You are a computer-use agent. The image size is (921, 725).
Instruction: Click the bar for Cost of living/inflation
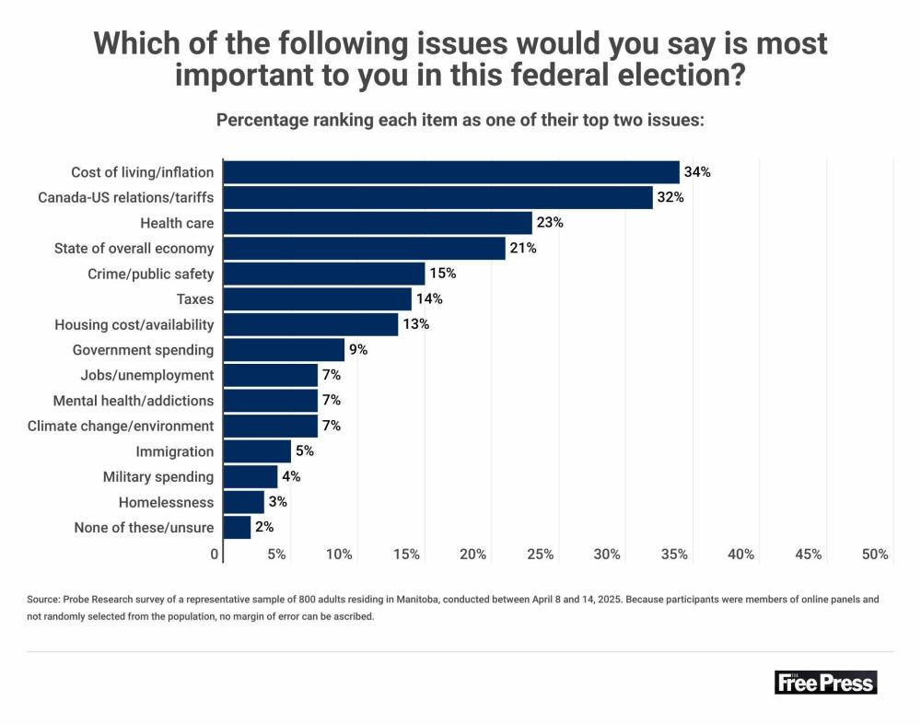tap(451, 172)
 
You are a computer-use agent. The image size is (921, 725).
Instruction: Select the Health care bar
tap(378, 223)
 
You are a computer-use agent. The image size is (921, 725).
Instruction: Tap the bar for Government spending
tap(284, 350)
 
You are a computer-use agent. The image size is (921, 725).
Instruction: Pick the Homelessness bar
tap(244, 502)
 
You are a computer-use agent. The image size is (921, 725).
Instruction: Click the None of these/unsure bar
tap(238, 528)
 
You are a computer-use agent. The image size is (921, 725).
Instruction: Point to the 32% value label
tap(670, 197)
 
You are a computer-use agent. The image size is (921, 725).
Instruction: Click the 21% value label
tap(523, 249)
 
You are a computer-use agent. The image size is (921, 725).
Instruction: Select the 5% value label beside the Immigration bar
tap(303, 451)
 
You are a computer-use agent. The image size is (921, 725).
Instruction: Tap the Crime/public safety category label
tap(150, 274)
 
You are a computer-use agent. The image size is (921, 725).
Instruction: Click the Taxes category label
tap(194, 299)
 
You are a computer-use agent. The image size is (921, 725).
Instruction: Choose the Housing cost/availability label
tap(134, 324)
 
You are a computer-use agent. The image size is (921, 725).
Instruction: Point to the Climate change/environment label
tap(121, 426)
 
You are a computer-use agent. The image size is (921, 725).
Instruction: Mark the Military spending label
tap(158, 476)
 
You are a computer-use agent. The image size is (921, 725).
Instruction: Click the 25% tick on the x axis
tap(541, 555)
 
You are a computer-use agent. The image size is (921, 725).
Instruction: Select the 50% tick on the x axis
tap(875, 555)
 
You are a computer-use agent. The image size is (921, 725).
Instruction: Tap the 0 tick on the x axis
tap(216, 555)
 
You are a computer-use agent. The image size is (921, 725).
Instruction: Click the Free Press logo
tap(825, 682)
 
